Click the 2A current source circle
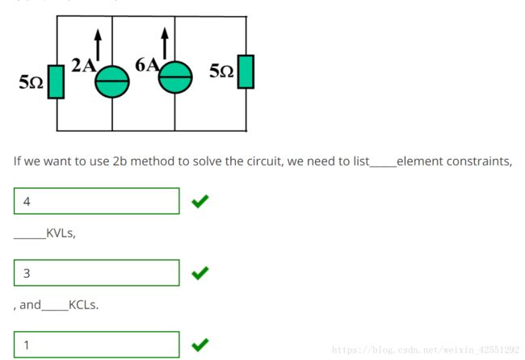[112, 82]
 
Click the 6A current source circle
[175, 77]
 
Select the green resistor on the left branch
[56, 82]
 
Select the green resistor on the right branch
[246, 72]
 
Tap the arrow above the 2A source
[98, 44]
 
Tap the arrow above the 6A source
[165, 43]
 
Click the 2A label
[84, 65]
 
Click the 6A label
[147, 65]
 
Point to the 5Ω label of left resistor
[31, 82]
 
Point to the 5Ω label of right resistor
[221, 71]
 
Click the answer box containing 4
[97, 201]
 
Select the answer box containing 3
[97, 273]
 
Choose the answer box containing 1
[97, 345]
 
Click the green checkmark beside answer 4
[200, 201]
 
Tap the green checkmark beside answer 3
[200, 273]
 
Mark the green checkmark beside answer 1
[200, 345]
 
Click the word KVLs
[61, 233]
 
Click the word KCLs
[83, 305]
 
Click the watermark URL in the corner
[426, 350]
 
